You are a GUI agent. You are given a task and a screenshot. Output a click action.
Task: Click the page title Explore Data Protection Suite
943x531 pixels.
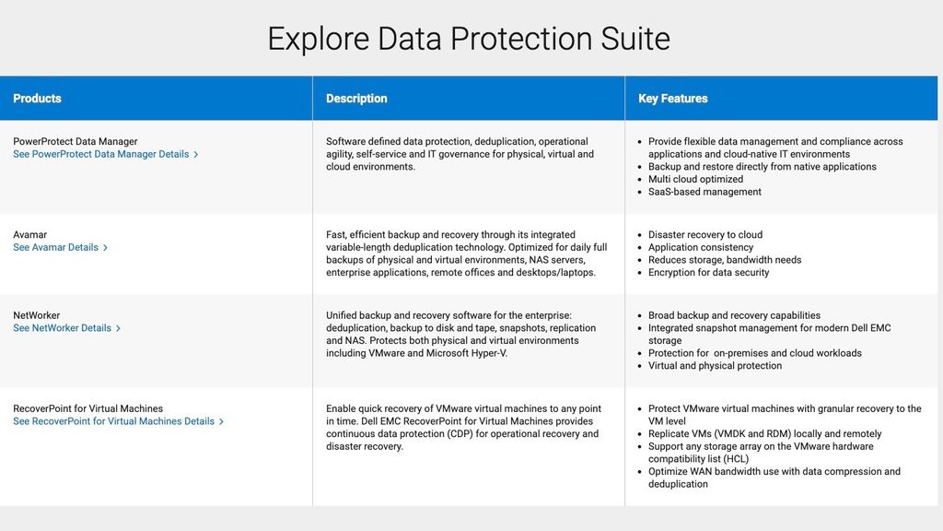(x=469, y=39)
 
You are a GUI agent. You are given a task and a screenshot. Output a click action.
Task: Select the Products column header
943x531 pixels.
(x=37, y=99)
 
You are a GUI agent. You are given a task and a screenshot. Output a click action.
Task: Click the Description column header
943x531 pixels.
(x=356, y=99)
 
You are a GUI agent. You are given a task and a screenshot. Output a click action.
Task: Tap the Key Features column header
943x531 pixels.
(x=673, y=99)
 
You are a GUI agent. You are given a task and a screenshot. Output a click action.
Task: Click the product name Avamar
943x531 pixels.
(x=29, y=235)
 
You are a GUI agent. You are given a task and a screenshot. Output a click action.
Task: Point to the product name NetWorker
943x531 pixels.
(x=36, y=315)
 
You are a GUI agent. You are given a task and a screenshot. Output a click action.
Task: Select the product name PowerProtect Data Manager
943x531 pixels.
(x=75, y=142)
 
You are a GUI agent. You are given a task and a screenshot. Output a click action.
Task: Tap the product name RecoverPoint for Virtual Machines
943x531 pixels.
(x=87, y=408)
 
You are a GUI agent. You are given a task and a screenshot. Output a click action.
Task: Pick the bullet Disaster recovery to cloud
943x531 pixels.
(x=705, y=235)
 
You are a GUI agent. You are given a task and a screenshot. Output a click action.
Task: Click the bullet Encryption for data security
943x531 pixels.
(x=708, y=273)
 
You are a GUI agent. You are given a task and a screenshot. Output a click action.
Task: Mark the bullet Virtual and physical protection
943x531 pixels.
(x=715, y=366)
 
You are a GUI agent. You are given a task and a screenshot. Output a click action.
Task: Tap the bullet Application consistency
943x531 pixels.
(x=701, y=247)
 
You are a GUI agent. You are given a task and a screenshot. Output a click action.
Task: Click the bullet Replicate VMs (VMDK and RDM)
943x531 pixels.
(x=764, y=434)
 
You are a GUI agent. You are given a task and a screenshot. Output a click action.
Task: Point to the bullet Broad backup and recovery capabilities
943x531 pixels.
(x=734, y=315)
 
